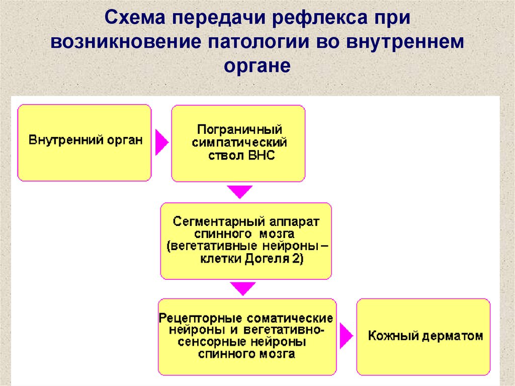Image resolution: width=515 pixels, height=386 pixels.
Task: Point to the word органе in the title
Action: [256, 65]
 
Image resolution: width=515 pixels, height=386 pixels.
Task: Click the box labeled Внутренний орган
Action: [84, 142]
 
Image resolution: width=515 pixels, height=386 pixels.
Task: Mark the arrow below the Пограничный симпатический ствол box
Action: [239, 191]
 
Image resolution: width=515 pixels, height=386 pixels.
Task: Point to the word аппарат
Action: [292, 222]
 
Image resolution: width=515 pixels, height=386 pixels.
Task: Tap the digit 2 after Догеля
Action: [297, 260]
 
